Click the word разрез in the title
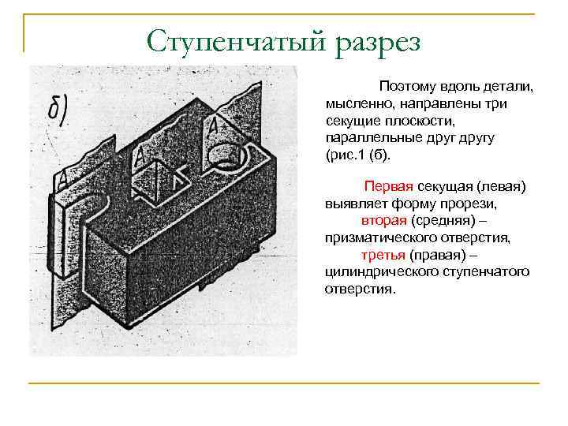pos(368,42)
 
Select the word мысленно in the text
pos(353,103)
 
